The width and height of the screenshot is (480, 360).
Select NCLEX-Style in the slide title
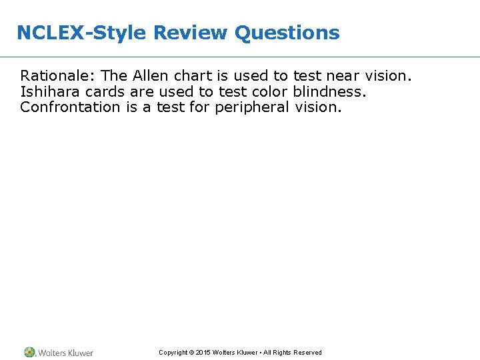tap(82, 33)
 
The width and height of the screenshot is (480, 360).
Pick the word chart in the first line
tap(192, 76)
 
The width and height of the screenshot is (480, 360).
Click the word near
tap(344, 76)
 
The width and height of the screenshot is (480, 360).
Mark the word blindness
tap(329, 91)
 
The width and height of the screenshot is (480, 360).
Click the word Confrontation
tap(70, 107)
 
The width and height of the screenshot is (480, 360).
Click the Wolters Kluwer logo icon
tap(30, 352)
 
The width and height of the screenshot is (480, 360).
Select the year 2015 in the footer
tap(203, 353)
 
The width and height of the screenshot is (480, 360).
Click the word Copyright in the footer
tap(173, 353)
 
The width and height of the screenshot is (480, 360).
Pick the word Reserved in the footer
tap(307, 353)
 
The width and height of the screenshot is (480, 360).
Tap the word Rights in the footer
tap(279, 353)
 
